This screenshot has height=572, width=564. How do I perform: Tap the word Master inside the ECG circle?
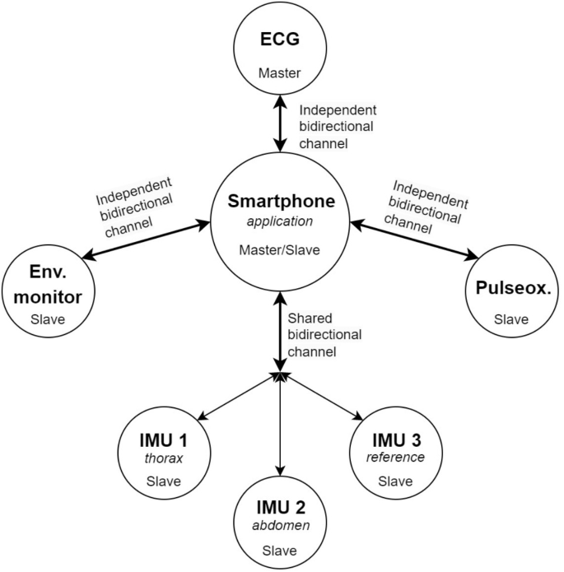(281, 72)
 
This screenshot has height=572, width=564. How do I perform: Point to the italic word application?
(282, 221)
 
